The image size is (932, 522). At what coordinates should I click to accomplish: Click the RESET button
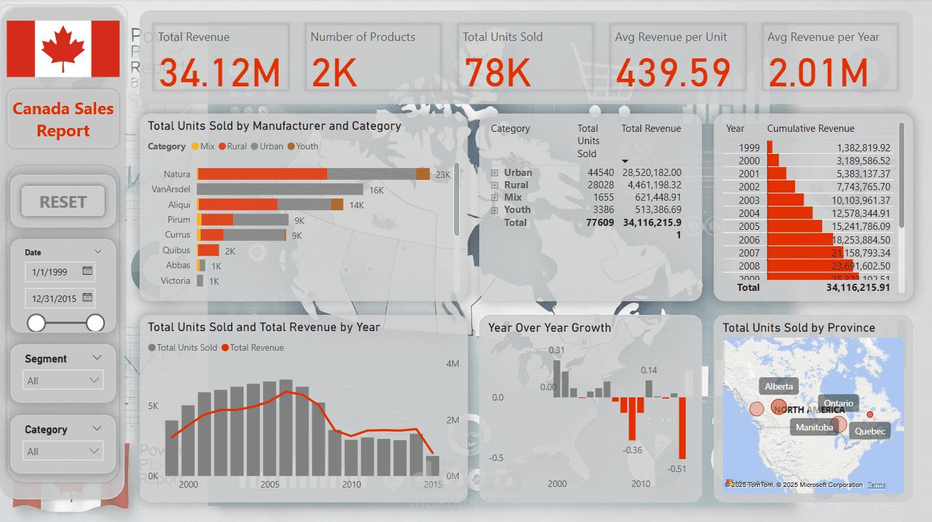pos(63,202)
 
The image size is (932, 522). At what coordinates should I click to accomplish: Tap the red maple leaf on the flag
pos(63,49)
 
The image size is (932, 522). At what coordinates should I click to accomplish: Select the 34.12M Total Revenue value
pos(220,72)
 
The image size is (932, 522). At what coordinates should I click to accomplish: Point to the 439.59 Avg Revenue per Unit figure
pos(673,72)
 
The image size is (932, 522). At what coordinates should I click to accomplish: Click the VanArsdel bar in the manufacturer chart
pos(280,189)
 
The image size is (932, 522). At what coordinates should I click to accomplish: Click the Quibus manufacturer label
pos(176,250)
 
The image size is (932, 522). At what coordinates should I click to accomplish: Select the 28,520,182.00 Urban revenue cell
pos(651,172)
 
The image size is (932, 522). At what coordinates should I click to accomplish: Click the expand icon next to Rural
pos(494,185)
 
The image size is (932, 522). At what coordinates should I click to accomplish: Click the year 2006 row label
pos(749,239)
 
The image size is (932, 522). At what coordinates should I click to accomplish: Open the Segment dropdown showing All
pos(62,380)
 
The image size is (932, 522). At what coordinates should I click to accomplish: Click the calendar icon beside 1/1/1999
pos(88,271)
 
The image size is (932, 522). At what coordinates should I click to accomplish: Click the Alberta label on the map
pos(779,386)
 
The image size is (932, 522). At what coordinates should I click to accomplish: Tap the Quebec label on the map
pos(870,431)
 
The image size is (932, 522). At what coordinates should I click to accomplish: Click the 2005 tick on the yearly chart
pos(270,484)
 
